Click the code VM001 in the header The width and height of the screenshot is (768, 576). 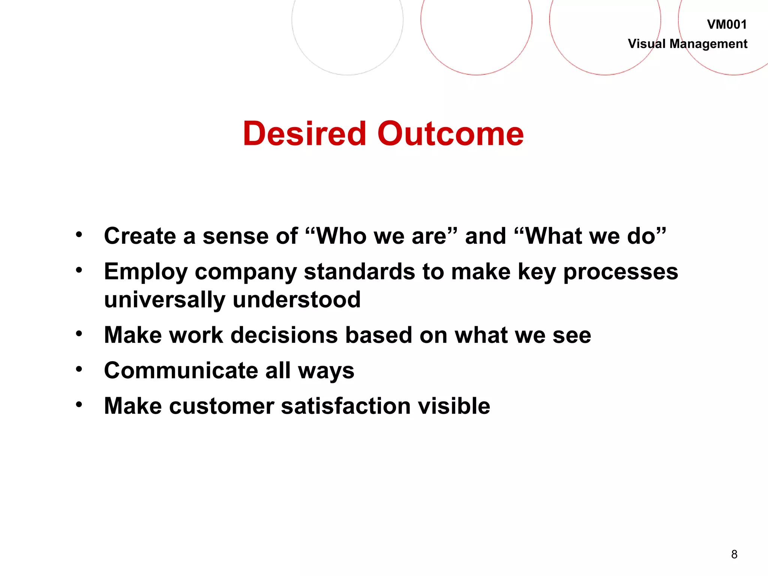coord(726,25)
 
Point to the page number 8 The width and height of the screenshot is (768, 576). coord(734,554)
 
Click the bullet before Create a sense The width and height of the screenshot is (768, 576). coord(79,235)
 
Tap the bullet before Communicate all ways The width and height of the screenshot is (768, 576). coord(79,369)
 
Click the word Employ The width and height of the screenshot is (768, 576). coord(145,272)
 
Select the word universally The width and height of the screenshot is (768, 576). coord(165,300)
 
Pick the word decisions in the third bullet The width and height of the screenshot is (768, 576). coord(284,335)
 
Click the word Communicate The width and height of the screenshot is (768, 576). coord(181,370)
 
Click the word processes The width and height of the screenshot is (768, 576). coord(621,272)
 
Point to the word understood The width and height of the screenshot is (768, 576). coord(296,300)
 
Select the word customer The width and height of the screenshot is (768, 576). coord(221,406)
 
